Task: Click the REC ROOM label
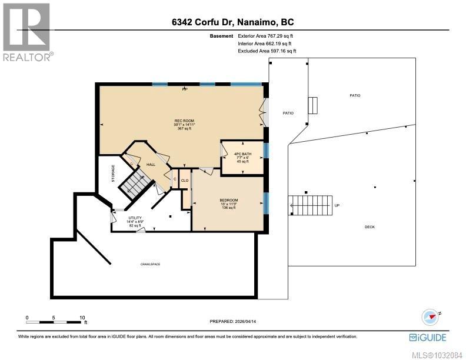pyautogui.click(x=180, y=121)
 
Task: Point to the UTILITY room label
pyautogui.click(x=135, y=218)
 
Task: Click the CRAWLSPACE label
pyautogui.click(x=149, y=264)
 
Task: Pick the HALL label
pyautogui.click(x=151, y=164)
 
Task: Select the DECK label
pyautogui.click(x=370, y=227)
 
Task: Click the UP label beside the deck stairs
pyautogui.click(x=337, y=206)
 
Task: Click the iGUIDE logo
pyautogui.click(x=427, y=337)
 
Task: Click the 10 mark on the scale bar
pyautogui.click(x=82, y=317)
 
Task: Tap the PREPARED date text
pyautogui.click(x=233, y=321)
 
